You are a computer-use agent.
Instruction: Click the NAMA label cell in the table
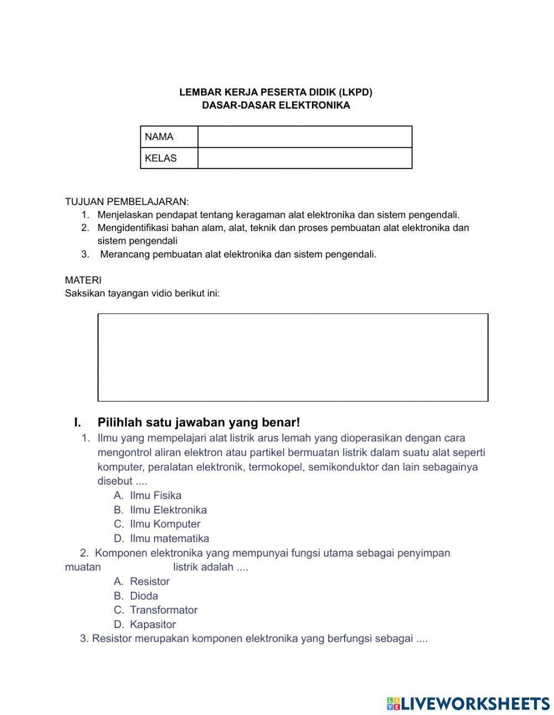[x=168, y=137]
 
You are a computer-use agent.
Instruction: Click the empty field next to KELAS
[x=304, y=158]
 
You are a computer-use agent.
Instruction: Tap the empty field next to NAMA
[x=304, y=137]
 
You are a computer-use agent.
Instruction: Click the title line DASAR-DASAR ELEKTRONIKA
[x=276, y=105]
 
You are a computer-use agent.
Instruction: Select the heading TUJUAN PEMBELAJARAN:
[x=127, y=202]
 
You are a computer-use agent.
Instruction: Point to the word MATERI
[x=83, y=280]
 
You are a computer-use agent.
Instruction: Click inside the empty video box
[x=293, y=357]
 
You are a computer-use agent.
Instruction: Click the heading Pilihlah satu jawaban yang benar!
[x=198, y=423]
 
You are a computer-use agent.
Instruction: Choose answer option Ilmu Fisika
[x=155, y=496]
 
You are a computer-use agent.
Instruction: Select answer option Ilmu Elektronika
[x=168, y=510]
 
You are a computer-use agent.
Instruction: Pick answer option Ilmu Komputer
[x=165, y=524]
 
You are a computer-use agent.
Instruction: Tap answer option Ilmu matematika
[x=169, y=538]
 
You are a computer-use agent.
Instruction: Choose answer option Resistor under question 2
[x=150, y=582]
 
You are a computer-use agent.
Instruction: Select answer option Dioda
[x=143, y=596]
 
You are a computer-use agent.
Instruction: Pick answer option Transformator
[x=163, y=610]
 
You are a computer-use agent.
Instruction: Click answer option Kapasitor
[x=152, y=624]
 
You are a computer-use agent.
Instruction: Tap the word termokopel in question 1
[x=275, y=467]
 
